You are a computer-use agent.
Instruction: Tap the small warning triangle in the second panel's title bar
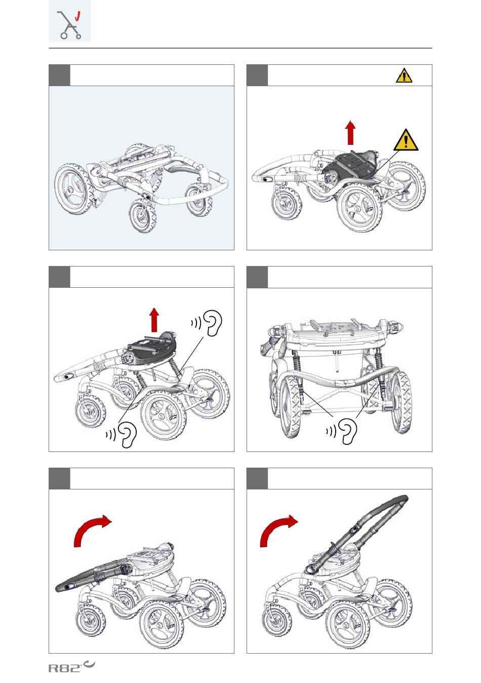point(404,75)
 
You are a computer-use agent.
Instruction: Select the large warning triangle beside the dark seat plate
point(406,140)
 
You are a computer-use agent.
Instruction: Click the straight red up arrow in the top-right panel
point(350,133)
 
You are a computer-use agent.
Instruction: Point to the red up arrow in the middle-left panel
point(154,320)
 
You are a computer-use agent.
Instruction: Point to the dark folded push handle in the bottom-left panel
point(91,575)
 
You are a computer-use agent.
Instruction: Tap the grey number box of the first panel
point(59,75)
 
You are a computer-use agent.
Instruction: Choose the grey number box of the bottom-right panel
point(257,478)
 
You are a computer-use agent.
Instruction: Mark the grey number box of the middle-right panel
point(257,277)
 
